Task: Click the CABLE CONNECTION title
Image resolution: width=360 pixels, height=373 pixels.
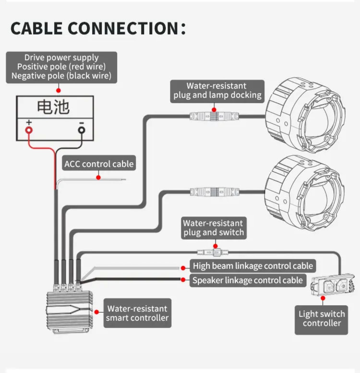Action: click(x=98, y=28)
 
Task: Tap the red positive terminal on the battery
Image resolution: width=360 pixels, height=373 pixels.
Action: click(x=29, y=130)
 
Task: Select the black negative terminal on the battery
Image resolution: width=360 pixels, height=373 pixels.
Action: click(x=82, y=130)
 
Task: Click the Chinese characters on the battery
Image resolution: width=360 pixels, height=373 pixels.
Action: click(x=53, y=107)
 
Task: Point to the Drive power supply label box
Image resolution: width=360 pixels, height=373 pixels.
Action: click(x=61, y=67)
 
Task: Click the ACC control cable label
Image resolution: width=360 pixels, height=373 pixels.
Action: click(x=99, y=163)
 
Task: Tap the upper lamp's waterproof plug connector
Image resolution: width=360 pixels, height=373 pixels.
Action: click(x=214, y=117)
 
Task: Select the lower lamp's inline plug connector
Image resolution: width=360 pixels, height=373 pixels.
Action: click(x=214, y=192)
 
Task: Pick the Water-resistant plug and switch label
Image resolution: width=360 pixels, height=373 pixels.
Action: click(x=214, y=228)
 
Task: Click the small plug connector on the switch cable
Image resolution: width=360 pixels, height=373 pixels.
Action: click(x=213, y=252)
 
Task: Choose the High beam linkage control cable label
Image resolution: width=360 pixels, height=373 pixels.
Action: click(x=253, y=266)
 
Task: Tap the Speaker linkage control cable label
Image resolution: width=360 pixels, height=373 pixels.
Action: click(x=248, y=280)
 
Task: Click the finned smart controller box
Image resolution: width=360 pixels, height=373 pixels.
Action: click(x=69, y=311)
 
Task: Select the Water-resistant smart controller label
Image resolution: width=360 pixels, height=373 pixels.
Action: click(x=137, y=313)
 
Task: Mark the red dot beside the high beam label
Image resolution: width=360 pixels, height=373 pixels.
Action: click(x=183, y=268)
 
